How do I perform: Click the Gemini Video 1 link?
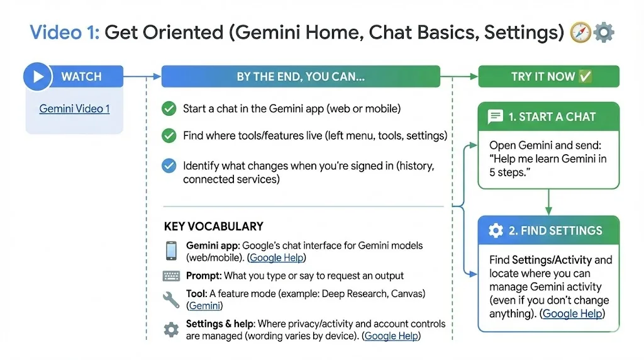74,109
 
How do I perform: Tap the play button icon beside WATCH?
37,76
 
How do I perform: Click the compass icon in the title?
580,33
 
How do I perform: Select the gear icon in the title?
604,33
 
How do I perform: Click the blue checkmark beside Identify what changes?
169,166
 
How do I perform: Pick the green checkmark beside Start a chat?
169,109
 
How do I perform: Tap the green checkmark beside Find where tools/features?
169,135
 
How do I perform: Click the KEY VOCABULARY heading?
214,227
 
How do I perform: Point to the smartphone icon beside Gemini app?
171,250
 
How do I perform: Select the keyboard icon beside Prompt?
171,276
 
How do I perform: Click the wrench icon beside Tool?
171,300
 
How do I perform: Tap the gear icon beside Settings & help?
171,330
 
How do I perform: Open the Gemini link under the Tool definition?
204,306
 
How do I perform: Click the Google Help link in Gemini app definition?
277,257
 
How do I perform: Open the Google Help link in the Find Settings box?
572,313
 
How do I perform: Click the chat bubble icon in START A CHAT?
496,116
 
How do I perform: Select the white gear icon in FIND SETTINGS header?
496,230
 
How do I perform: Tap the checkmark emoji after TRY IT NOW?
585,76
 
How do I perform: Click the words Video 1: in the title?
65,33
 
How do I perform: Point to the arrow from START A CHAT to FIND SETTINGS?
548,202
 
